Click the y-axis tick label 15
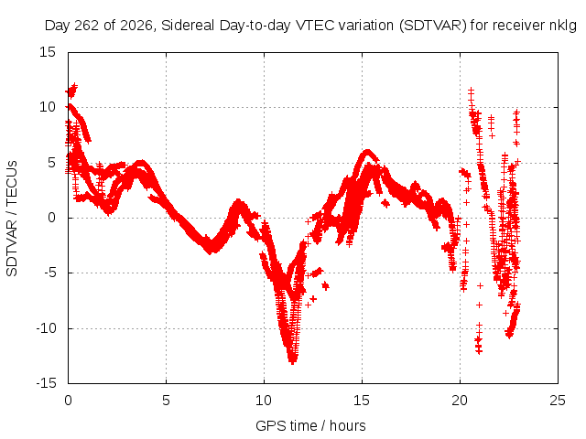48,52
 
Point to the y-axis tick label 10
48,108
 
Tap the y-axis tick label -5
49,273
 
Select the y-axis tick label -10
46,328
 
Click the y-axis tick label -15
46,383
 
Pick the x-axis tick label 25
558,401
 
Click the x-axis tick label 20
460,401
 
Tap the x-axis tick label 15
362,401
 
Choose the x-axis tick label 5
166,401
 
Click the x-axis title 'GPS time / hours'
310,426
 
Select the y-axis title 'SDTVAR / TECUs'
12,219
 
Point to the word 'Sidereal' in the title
188,26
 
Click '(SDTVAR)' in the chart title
433,26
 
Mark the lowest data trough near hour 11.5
292,361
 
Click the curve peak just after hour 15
368,152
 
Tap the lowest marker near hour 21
479,351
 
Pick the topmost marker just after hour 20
472,90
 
